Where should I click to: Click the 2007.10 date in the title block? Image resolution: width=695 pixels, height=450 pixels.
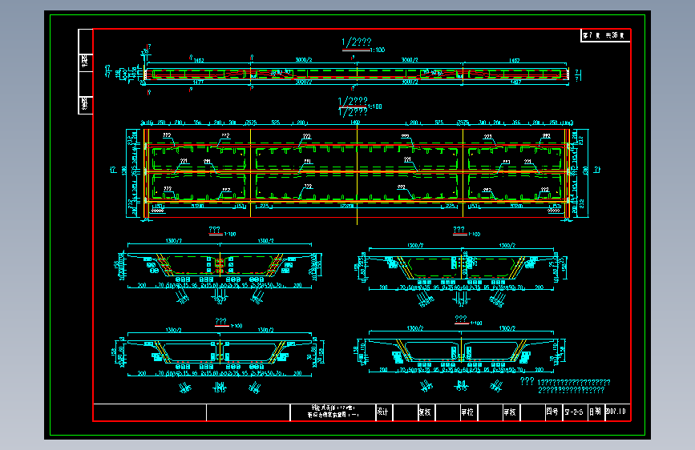click(x=616, y=412)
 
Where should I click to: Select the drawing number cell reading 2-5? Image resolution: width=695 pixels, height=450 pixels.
click(x=573, y=412)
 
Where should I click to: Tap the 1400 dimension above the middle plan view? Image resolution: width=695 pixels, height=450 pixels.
click(x=354, y=123)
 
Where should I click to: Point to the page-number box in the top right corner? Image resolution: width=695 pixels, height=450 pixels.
click(x=605, y=35)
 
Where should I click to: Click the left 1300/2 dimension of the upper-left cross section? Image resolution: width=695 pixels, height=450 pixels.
click(x=172, y=241)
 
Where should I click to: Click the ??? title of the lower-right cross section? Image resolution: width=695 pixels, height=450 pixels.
click(x=461, y=319)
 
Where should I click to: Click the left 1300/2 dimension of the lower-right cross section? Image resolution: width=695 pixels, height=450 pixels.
click(x=414, y=328)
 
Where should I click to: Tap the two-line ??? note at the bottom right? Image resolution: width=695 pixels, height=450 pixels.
click(x=564, y=386)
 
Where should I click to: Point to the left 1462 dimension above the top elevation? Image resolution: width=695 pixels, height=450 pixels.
click(x=198, y=60)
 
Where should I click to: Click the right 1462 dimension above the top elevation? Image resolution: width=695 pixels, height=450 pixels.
click(x=514, y=60)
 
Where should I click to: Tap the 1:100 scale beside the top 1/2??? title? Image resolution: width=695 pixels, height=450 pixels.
click(x=377, y=50)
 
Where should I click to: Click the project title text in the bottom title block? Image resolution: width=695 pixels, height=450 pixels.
click(x=331, y=412)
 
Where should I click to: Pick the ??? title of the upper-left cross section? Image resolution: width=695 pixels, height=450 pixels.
click(x=214, y=230)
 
